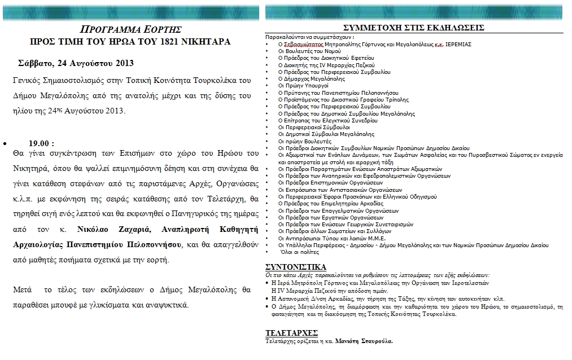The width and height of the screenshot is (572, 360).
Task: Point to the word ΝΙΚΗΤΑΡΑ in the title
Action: [x=203, y=42]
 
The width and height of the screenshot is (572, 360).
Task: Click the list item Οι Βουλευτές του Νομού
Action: [x=309, y=51]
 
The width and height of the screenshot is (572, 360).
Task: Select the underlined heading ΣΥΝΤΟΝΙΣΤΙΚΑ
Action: [x=295, y=267]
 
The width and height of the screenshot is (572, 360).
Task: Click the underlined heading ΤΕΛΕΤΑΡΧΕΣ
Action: [x=291, y=332]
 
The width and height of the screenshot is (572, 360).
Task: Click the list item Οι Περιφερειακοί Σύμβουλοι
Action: [x=313, y=128]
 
